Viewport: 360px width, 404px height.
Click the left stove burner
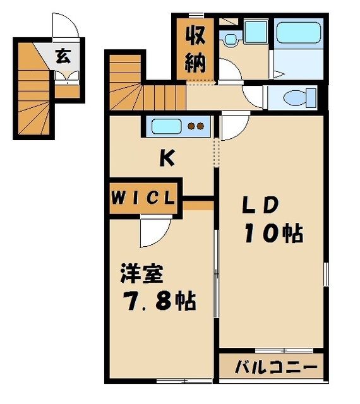(x=192, y=126)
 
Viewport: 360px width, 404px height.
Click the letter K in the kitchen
(x=166, y=160)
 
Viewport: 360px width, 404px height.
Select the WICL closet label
(x=143, y=197)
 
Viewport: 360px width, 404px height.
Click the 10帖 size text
(x=273, y=234)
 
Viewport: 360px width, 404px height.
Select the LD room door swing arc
(x=231, y=128)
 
